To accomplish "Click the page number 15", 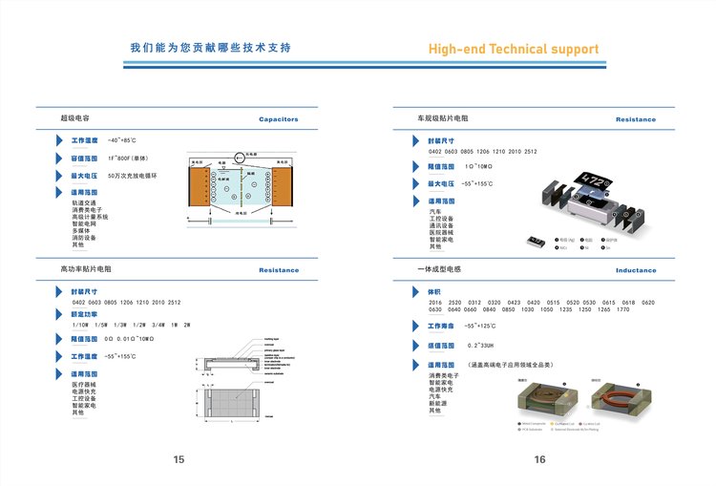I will pos(179,460).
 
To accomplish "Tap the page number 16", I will pos(539,460).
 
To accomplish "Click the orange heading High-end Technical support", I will pos(513,50).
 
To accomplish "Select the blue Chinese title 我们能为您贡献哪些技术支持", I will pos(210,48).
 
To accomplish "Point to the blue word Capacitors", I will pos(279,120).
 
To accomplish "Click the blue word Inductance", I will pos(636,270).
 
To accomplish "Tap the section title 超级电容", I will pos(74,119).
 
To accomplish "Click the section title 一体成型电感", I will pos(439,270).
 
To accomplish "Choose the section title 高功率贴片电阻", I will pos(86,270).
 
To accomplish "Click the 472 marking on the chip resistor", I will pos(594,180).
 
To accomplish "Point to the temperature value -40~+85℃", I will pos(122,140).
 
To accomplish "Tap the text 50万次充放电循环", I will pos(132,176).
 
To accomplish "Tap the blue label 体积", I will pos(434,291).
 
